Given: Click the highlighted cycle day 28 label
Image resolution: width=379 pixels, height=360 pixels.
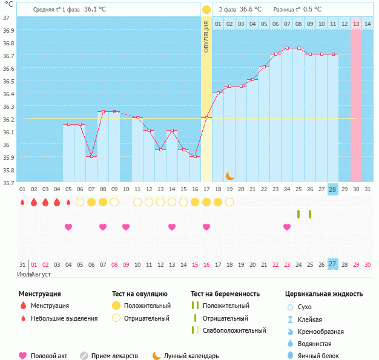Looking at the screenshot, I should tap(332, 189).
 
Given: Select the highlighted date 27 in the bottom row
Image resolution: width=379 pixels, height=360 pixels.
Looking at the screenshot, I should tap(332, 264).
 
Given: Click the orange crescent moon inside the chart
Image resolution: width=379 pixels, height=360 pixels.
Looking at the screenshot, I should tap(229, 175).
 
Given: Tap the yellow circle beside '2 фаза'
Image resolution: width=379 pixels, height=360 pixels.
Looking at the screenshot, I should tap(206, 10).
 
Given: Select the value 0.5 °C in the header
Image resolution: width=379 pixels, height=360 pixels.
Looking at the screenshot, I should tap(312, 10).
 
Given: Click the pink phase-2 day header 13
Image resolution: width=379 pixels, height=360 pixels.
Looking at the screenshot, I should tap(356, 24).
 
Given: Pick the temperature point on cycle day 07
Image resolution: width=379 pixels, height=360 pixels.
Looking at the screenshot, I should tap(91, 156).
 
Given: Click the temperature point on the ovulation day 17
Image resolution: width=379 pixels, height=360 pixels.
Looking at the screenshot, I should tap(206, 118).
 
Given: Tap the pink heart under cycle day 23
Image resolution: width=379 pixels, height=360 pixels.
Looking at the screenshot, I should tap(286, 227).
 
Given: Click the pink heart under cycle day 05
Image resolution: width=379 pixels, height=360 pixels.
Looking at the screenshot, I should tap(68, 227).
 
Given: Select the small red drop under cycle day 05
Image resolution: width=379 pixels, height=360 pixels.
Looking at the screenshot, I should tap(68, 202).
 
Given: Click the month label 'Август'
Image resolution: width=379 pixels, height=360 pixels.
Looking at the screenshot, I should tap(41, 275).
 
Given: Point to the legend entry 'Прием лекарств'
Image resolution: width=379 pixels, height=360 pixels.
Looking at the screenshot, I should tap(114, 356).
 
